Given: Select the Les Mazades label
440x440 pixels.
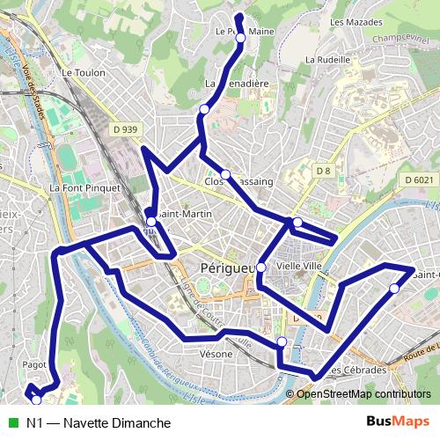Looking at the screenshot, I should coord(349,21).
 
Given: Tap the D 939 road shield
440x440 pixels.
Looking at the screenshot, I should coord(126,130).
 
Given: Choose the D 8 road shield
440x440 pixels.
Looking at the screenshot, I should coord(323,170).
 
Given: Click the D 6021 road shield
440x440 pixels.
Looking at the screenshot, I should coord(421,180).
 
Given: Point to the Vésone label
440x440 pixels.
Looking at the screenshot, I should coord(216,354).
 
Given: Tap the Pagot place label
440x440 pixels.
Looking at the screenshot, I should coord(35,363).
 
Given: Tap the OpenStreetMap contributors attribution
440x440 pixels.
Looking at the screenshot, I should coord(363,394).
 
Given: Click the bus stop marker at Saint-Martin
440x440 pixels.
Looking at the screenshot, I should coord(151,221).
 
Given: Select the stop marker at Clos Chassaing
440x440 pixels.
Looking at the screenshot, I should coord(225,173).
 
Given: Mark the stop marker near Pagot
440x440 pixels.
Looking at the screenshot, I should coord(36,400).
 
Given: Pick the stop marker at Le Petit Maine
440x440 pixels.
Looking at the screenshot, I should coord(240,38).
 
